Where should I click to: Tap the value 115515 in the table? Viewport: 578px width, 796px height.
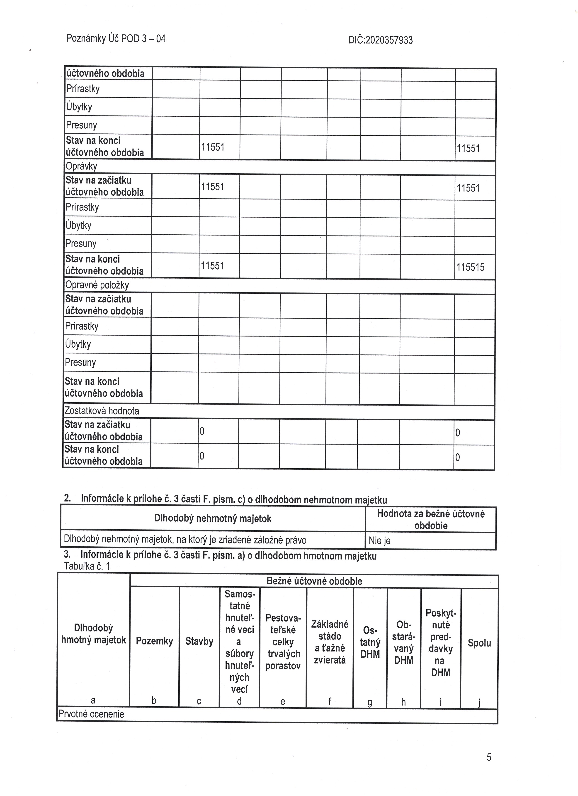[x=470, y=268]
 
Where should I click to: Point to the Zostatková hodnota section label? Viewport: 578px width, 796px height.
[x=102, y=411]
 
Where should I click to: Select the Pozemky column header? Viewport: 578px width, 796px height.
[x=154, y=641]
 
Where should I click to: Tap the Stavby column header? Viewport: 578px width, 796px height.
[x=199, y=641]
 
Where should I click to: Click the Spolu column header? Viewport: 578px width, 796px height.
[x=479, y=643]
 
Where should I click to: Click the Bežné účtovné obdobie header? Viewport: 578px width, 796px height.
[x=314, y=581]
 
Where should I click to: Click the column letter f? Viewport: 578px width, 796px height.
[x=330, y=701]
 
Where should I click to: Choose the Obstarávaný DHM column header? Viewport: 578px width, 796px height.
[x=404, y=642]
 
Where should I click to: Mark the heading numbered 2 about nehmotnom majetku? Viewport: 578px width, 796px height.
[x=225, y=499]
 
